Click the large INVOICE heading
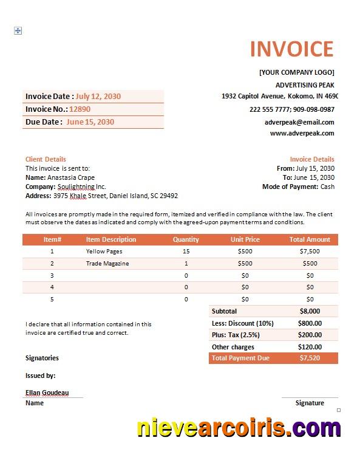tap(291, 49)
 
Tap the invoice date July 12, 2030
tap(98, 96)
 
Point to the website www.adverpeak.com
tap(302, 132)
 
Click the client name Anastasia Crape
tap(71, 177)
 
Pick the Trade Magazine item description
tap(107, 263)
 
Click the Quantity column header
tap(186, 239)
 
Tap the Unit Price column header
tap(245, 239)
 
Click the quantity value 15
tap(186, 251)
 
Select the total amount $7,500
tap(310, 251)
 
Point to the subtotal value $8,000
tap(310, 311)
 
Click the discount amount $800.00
tap(310, 323)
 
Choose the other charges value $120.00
tap(310, 347)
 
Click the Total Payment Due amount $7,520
tap(310, 358)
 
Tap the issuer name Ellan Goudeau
tap(47, 393)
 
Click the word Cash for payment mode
tap(327, 187)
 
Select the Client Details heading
tap(46, 159)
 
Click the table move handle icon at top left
tap(18, 30)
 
